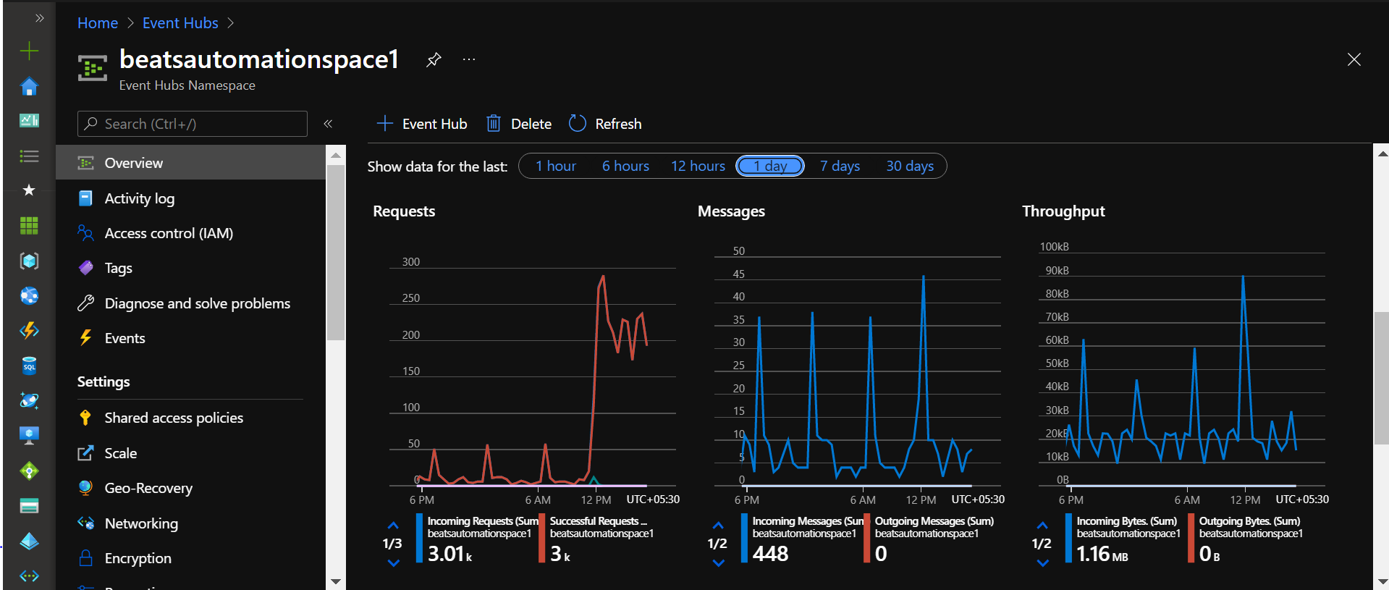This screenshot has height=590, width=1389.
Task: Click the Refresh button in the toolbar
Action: tap(606, 124)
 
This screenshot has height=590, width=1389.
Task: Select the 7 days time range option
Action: tap(840, 167)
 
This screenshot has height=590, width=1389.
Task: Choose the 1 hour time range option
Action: tap(555, 167)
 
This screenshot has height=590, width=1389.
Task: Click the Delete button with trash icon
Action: tap(519, 124)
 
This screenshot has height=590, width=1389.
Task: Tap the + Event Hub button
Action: tap(423, 124)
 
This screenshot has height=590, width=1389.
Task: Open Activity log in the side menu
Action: tap(139, 198)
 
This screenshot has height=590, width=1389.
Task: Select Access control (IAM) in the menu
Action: tap(168, 233)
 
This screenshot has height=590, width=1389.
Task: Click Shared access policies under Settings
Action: tap(173, 418)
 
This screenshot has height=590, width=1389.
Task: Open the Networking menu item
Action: tap(140, 523)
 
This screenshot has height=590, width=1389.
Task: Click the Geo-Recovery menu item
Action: tap(148, 488)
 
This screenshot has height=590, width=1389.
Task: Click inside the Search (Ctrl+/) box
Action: tap(193, 124)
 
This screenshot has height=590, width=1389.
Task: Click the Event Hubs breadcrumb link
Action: tap(180, 23)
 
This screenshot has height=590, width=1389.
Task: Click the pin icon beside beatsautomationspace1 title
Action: tap(434, 59)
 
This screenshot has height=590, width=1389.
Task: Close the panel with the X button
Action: tap(1354, 59)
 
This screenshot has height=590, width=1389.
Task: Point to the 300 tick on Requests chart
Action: tap(410, 262)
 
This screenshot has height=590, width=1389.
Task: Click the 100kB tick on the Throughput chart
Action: tap(1054, 247)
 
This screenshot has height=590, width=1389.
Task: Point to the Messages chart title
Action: tap(731, 211)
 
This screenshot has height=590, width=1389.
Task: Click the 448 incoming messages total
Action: tap(770, 554)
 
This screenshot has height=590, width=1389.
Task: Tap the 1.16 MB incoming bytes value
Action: tap(1102, 555)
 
